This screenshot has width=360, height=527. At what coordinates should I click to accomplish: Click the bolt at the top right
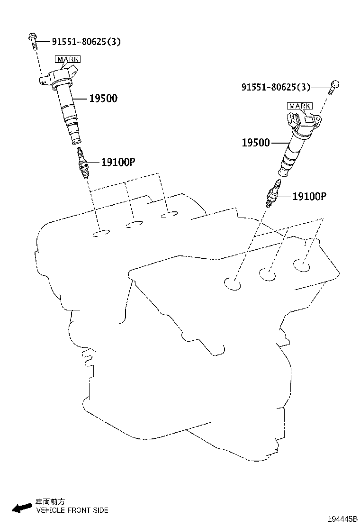pos(334,86)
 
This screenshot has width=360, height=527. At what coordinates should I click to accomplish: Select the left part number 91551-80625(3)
pos(80,42)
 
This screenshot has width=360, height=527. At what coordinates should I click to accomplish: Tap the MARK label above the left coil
pos(68,59)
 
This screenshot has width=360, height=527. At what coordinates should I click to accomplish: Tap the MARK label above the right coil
pos(299,106)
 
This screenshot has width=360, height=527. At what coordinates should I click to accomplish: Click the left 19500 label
pos(103,99)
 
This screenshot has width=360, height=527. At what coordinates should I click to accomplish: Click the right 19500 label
pos(255,143)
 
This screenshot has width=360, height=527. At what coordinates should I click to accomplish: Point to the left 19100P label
pos(118,162)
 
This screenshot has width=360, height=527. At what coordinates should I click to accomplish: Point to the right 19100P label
pos(309,196)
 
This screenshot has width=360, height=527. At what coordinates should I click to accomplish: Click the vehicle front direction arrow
pos(22,508)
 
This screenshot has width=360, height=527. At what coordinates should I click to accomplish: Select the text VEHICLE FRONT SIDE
pos(72,510)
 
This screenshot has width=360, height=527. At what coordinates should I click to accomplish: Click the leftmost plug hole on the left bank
pos(101,234)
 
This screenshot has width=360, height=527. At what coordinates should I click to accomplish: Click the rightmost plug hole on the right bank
pos(301,266)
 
